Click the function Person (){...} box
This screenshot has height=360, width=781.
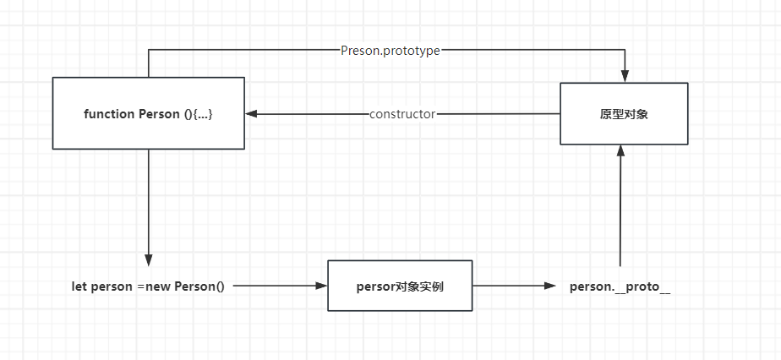click(149, 113)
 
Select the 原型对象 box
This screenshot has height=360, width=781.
click(624, 113)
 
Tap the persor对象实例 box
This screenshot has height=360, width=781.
click(400, 286)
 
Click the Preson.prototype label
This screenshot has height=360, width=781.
click(390, 51)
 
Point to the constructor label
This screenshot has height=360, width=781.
click(402, 114)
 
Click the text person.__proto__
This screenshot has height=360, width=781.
click(620, 287)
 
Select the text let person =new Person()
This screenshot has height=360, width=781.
click(149, 287)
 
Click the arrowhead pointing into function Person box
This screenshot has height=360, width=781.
click(251, 113)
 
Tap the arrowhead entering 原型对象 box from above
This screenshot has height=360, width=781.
click(625, 76)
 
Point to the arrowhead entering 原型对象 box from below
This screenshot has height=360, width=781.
click(620, 151)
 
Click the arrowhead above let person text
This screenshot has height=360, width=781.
click(149, 260)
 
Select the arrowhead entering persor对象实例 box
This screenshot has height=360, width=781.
click(321, 286)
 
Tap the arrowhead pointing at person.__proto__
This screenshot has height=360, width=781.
click(550, 286)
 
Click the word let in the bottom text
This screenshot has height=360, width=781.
click(79, 287)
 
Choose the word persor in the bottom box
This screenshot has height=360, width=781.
click(375, 288)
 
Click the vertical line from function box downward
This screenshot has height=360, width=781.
click(149, 202)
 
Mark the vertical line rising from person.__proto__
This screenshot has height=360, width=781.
click(620, 212)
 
